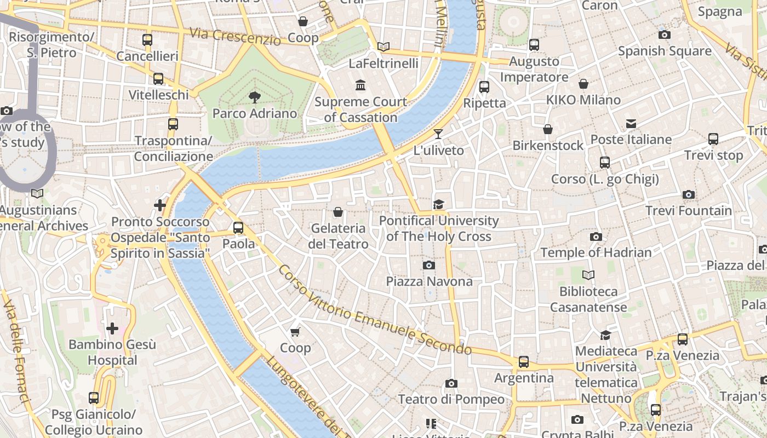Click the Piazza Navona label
pyautogui.click(x=429, y=281)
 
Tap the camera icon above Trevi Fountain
pyautogui.click(x=689, y=194)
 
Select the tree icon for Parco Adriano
pyautogui.click(x=254, y=97)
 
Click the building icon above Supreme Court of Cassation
pyautogui.click(x=360, y=85)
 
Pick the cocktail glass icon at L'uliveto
pyautogui.click(x=438, y=134)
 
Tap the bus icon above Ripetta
pyautogui.click(x=484, y=87)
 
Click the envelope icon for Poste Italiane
pyautogui.click(x=631, y=124)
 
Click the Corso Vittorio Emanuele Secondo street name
pyautogui.click(x=375, y=310)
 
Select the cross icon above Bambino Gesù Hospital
pyautogui.click(x=112, y=328)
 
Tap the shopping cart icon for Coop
pyautogui.click(x=295, y=332)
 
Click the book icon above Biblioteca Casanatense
pyautogui.click(x=588, y=275)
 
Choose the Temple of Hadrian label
pyautogui.click(x=596, y=252)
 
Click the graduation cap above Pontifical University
pyautogui.click(x=438, y=204)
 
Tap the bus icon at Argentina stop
pyautogui.click(x=524, y=362)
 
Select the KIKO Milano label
pyautogui.click(x=583, y=100)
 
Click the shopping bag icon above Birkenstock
pyautogui.click(x=547, y=129)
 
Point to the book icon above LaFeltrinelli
pyautogui.click(x=383, y=47)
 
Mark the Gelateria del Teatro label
pyautogui.click(x=338, y=236)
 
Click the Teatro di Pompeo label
pyautogui.click(x=451, y=399)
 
